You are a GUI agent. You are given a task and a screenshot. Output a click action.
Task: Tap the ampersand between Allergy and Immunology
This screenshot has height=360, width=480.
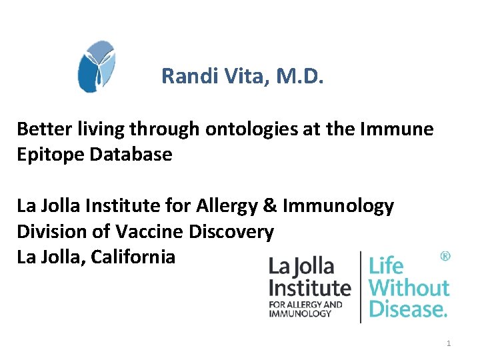pos(270,206)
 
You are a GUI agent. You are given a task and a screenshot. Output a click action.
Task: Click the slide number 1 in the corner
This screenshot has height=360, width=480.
pos(449,343)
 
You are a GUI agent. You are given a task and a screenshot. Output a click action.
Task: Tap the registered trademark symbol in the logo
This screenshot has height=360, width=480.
pos(445,256)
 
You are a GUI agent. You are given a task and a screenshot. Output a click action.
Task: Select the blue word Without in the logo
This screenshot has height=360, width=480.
pos(409,288)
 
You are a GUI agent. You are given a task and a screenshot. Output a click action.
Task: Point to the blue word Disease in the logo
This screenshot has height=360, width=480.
pos(407,309)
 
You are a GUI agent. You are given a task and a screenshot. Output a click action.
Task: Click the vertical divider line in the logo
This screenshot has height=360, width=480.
pos(360,287)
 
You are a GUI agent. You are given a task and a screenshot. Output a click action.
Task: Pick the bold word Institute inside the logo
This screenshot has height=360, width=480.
pos(309,288)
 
